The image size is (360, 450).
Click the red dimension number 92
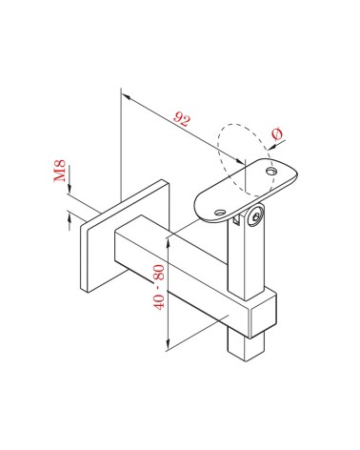click(x=179, y=120)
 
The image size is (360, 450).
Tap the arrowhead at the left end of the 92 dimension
click(x=126, y=92)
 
